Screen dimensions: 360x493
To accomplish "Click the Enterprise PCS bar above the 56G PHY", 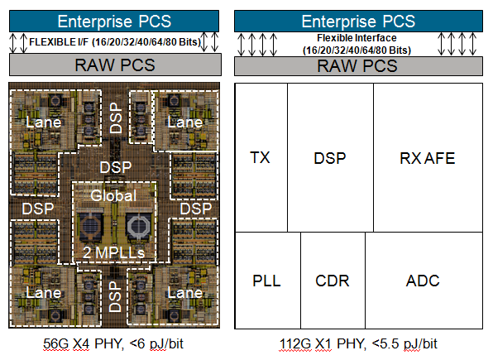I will pos(114,21).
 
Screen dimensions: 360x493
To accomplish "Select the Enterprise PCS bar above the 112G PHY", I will pos(358,21).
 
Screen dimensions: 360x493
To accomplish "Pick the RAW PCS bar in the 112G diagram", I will pos(358,65).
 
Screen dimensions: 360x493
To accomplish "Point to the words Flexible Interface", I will pos(358,38).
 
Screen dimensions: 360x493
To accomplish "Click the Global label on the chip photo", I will pos(114,196).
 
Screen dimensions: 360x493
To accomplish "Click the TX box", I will pos(261,157).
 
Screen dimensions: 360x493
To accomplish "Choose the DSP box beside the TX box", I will pos(330,157).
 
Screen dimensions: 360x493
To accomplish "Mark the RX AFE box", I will pos(427,157).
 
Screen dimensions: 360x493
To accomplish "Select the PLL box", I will pos(266,281).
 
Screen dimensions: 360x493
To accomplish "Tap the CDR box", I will pos(332,281).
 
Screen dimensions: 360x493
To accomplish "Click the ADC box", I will pos(423,281).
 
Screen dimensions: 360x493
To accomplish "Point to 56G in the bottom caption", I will pos(65,343).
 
